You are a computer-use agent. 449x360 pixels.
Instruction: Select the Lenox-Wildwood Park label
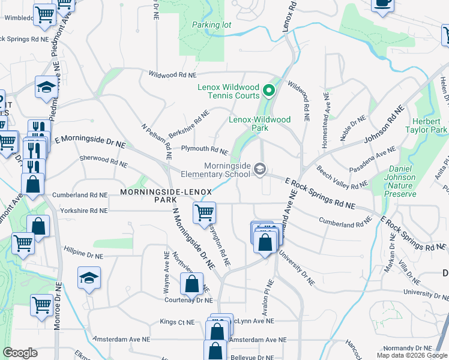(259, 124)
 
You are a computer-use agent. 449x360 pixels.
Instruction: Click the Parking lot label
(211, 25)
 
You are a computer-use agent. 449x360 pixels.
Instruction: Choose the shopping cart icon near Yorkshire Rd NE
(204, 212)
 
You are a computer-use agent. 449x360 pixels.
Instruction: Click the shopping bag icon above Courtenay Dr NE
(191, 283)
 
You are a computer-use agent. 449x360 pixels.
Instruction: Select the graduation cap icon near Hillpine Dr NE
(89, 278)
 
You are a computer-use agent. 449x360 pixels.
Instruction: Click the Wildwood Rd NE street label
(173, 76)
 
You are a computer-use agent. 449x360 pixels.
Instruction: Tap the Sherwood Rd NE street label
(103, 161)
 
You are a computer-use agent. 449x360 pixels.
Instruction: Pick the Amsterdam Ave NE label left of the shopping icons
(121, 340)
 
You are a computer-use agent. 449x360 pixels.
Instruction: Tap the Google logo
(20, 353)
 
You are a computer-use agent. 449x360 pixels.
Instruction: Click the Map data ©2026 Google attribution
(412, 355)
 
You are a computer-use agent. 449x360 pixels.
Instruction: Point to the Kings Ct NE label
(177, 322)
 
